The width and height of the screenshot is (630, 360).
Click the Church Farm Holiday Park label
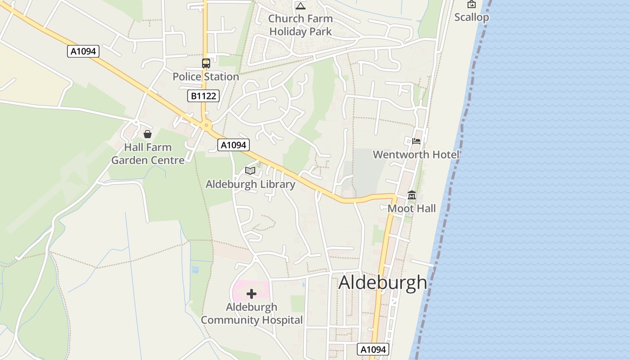[x=301, y=25]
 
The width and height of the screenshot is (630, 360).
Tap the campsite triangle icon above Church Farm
[x=301, y=6]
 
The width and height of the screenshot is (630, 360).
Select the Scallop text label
[x=471, y=17]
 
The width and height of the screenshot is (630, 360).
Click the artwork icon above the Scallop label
[x=471, y=4]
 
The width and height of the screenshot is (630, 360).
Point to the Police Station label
[x=206, y=76]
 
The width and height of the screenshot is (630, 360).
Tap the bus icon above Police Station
[x=206, y=63]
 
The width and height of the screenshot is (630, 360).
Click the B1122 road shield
[x=203, y=96]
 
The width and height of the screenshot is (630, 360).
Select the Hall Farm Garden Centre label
[x=148, y=154]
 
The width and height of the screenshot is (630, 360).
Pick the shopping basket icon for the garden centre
[x=147, y=134]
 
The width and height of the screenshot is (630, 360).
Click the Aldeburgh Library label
[x=250, y=184]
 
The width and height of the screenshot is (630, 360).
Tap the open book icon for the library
[x=250, y=171]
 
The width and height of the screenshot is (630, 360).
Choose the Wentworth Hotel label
[x=416, y=155]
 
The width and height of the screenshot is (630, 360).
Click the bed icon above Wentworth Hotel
[x=416, y=141]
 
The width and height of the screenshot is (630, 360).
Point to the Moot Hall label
[x=412, y=208]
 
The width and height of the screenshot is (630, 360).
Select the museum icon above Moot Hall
[x=412, y=195]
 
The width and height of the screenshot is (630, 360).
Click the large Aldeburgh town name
[x=382, y=283]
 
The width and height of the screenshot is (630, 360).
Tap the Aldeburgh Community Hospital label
[x=252, y=314]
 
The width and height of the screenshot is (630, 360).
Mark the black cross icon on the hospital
[x=252, y=294]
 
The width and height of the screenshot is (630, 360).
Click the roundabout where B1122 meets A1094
[x=207, y=126]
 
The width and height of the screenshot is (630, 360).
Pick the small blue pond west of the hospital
[x=195, y=270]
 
